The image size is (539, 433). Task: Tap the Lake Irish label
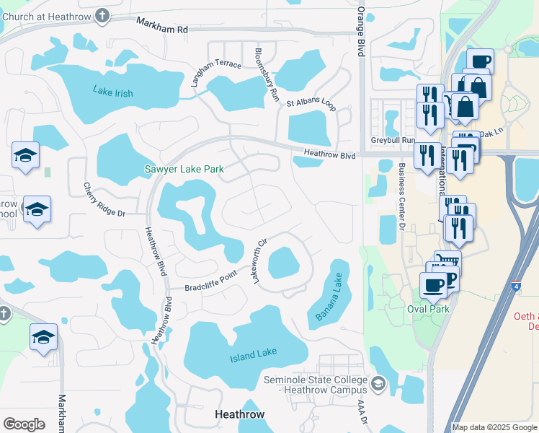pyautogui.click(x=113, y=90)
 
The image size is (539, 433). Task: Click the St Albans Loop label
pyautogui.click(x=311, y=105)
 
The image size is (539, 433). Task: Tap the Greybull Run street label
pyautogui.click(x=393, y=140)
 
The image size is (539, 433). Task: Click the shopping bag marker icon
pyautogui.click(x=466, y=106)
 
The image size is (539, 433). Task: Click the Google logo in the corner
pyautogui.click(x=24, y=424)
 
